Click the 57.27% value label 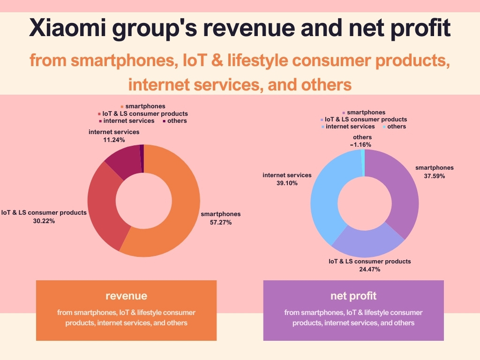coord(221,223)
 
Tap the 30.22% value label coord(44,221)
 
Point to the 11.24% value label coord(114,140)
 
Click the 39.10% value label coord(287,183)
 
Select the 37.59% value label coord(434,176)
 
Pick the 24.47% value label coord(369,270)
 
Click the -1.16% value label coord(360,145)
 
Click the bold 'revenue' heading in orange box coord(126,296)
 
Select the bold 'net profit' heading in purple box coord(353,296)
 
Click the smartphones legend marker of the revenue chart coord(122,107)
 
